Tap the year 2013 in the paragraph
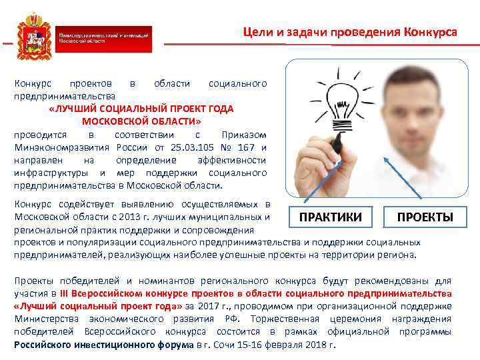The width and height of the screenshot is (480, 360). (x=125, y=217)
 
